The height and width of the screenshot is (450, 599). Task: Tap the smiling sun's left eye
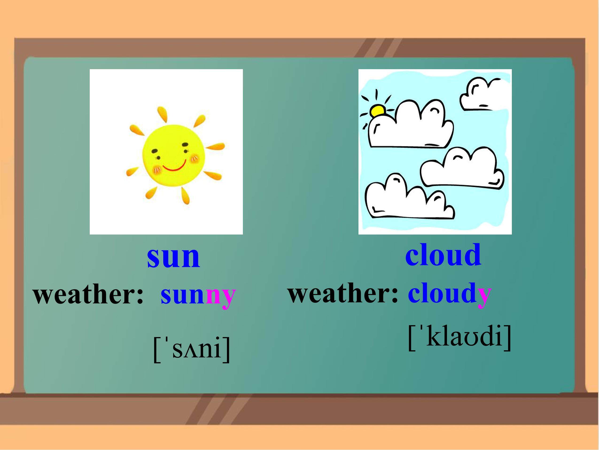[154, 151]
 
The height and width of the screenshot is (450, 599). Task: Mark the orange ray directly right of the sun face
[216, 147]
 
